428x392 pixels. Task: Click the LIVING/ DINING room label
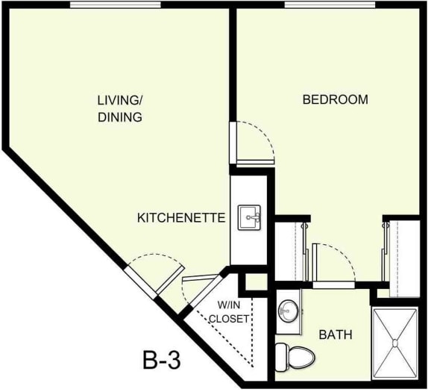coord(120,108)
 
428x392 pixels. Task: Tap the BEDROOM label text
coord(335,99)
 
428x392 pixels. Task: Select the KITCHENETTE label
coord(181,218)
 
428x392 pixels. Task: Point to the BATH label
coord(336,335)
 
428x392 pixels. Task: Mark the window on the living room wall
coord(115,5)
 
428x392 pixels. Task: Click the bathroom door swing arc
coord(332,261)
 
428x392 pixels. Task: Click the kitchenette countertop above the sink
coord(249,187)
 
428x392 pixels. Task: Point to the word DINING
coord(120,117)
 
